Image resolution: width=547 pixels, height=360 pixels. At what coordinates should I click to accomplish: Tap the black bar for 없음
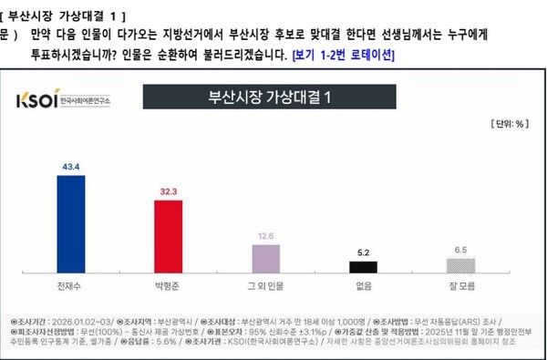point(363,266)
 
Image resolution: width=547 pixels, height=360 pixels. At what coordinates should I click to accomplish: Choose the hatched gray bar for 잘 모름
point(459,265)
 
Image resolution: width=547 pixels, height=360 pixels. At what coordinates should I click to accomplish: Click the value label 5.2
point(363,252)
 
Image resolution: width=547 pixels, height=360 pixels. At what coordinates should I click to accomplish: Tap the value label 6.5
point(459,249)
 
